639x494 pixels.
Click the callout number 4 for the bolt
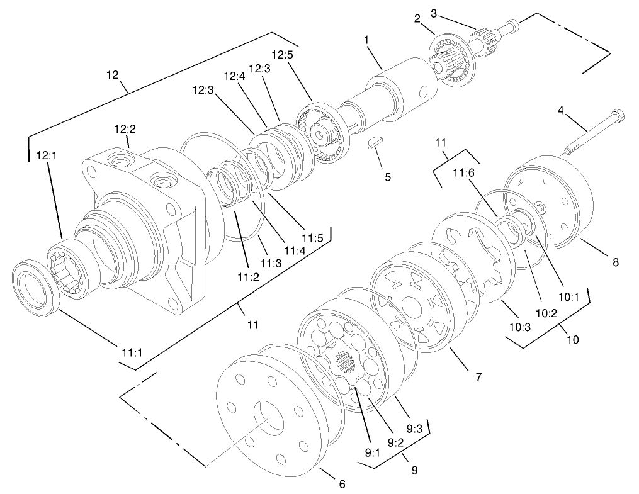560,111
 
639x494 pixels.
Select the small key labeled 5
375,143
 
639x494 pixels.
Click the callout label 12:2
125,129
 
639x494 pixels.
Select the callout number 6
342,484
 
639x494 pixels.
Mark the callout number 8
615,262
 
